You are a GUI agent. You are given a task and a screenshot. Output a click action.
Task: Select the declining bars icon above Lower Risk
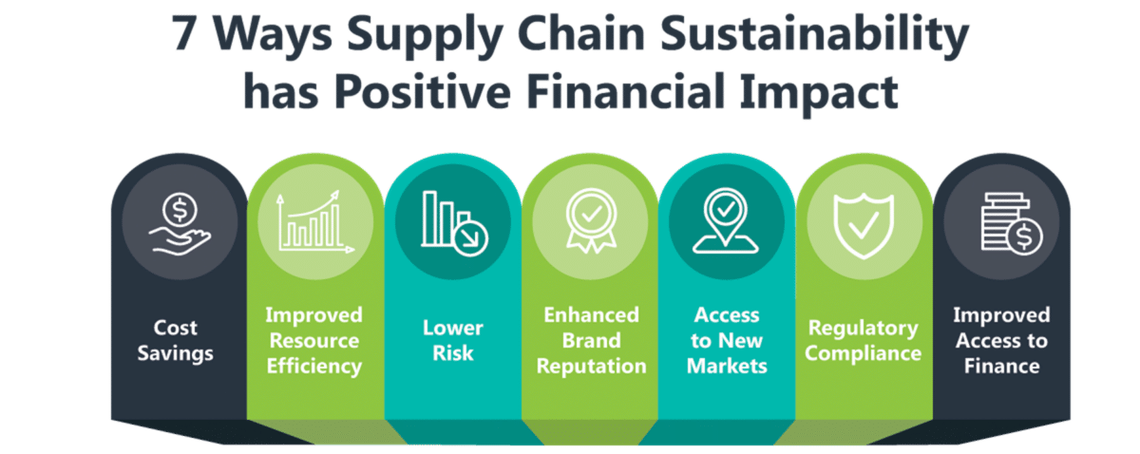click(453, 224)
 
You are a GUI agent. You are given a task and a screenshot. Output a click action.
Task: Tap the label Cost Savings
click(176, 340)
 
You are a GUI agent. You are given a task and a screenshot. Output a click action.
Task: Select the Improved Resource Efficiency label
click(313, 340)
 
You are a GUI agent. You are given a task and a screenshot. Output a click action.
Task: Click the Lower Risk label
click(453, 340)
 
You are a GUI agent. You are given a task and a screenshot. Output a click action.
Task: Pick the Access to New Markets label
click(727, 340)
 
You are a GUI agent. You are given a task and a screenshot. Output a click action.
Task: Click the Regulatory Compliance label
click(864, 340)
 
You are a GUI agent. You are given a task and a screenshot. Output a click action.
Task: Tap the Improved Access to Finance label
click(1001, 340)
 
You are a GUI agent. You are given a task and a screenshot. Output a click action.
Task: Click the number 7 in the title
click(188, 36)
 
